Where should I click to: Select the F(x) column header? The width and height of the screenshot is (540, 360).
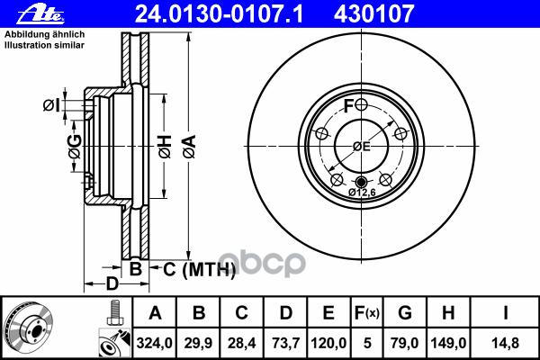tap(367, 313)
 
